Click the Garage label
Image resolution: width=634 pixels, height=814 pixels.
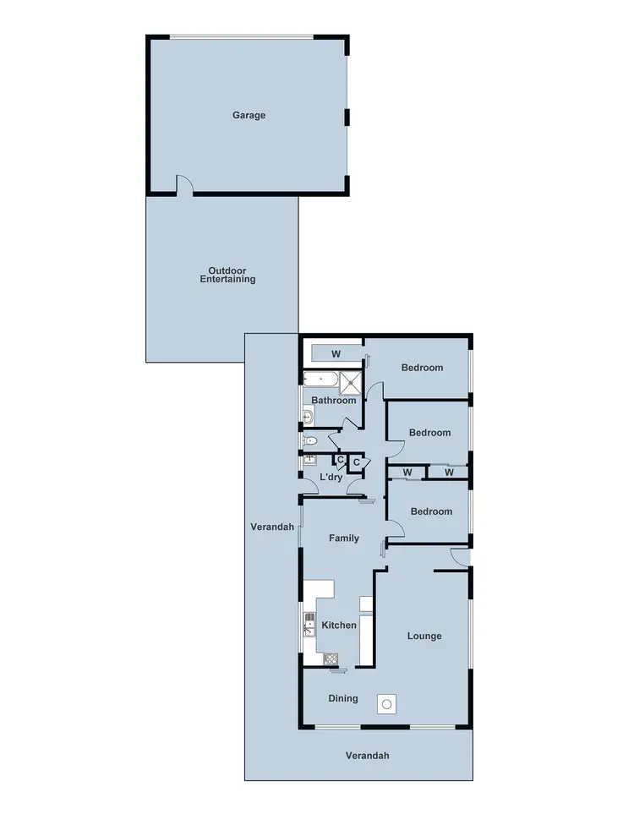point(249,115)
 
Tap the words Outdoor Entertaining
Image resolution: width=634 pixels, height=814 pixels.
point(227,275)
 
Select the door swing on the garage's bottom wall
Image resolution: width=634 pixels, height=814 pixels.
point(184,185)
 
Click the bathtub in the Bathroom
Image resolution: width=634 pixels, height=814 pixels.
point(322,381)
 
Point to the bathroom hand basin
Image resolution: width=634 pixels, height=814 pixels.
point(309,416)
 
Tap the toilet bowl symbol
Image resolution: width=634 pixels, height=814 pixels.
point(310,441)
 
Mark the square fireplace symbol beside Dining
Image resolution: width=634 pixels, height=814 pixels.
point(386,702)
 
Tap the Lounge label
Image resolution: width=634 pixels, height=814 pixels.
point(424,636)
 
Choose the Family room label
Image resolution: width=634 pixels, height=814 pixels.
point(344,538)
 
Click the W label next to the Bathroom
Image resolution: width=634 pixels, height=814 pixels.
point(336,353)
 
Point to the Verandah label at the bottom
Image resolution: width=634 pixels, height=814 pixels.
point(368,757)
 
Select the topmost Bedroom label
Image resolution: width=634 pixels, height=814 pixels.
point(422,368)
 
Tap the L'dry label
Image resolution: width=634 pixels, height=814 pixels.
point(331,478)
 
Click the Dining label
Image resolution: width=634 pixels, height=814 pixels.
point(343,699)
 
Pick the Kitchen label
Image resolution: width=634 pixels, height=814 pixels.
point(339,626)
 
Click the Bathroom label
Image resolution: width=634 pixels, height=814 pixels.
point(334,401)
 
